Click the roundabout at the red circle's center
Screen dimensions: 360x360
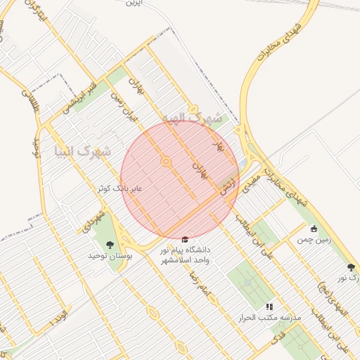[166, 162]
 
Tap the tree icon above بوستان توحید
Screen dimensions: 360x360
[110, 245]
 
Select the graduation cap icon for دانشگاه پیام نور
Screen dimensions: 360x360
[185, 240]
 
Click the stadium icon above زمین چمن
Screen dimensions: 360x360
[314, 229]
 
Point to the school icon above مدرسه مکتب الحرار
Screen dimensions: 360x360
[269, 307]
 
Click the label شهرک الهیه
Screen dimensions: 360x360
[192, 119]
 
